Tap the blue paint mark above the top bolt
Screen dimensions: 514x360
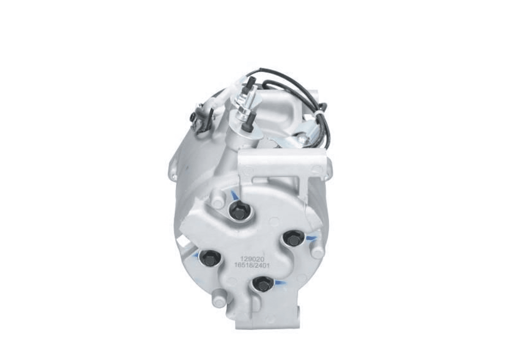pos(234,196)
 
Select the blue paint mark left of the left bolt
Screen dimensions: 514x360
pos(196,255)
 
